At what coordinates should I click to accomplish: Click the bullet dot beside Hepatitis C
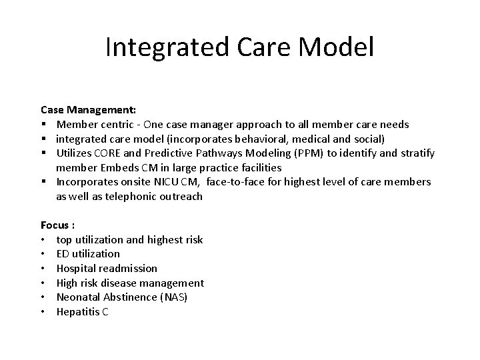click(43, 311)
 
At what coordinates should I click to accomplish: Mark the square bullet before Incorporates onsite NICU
click(43, 182)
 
